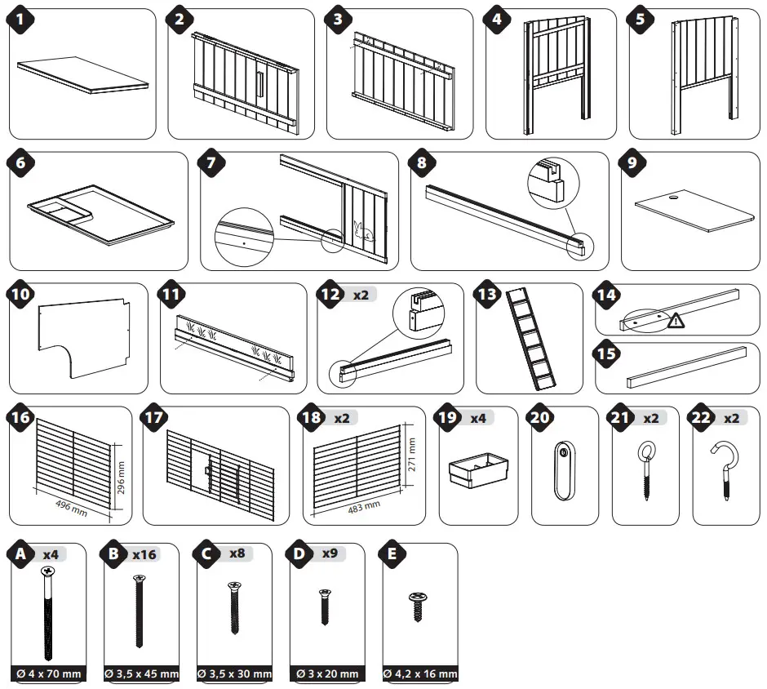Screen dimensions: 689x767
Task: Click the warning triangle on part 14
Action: (x=676, y=322)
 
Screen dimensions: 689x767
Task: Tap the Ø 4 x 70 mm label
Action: (x=50, y=674)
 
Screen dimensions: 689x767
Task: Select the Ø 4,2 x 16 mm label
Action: (x=419, y=674)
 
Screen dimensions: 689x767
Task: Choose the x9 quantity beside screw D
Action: (x=329, y=553)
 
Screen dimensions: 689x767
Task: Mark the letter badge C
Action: (x=207, y=555)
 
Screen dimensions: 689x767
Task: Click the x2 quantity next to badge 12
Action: (x=360, y=295)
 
